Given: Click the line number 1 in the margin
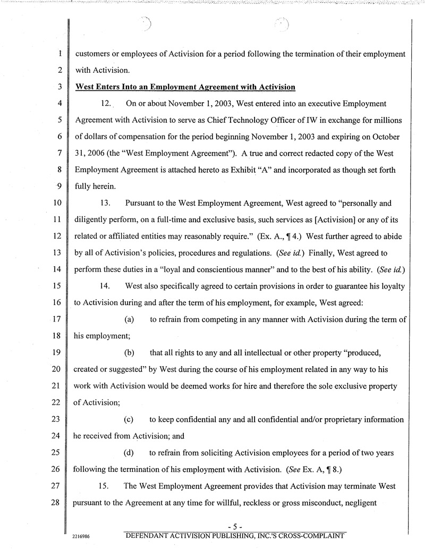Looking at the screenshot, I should coord(62,54).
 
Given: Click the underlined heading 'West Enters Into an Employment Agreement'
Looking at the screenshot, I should coord(185,87).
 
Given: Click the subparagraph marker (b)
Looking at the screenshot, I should coord(129,352).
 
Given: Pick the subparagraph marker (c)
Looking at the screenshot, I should coord(129,419).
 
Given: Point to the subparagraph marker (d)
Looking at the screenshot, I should coord(129,452).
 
